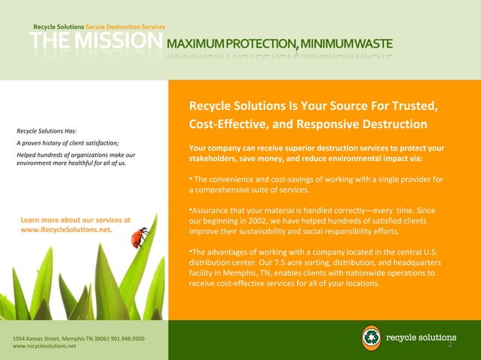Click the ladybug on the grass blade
139,238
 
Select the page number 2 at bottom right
449,347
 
